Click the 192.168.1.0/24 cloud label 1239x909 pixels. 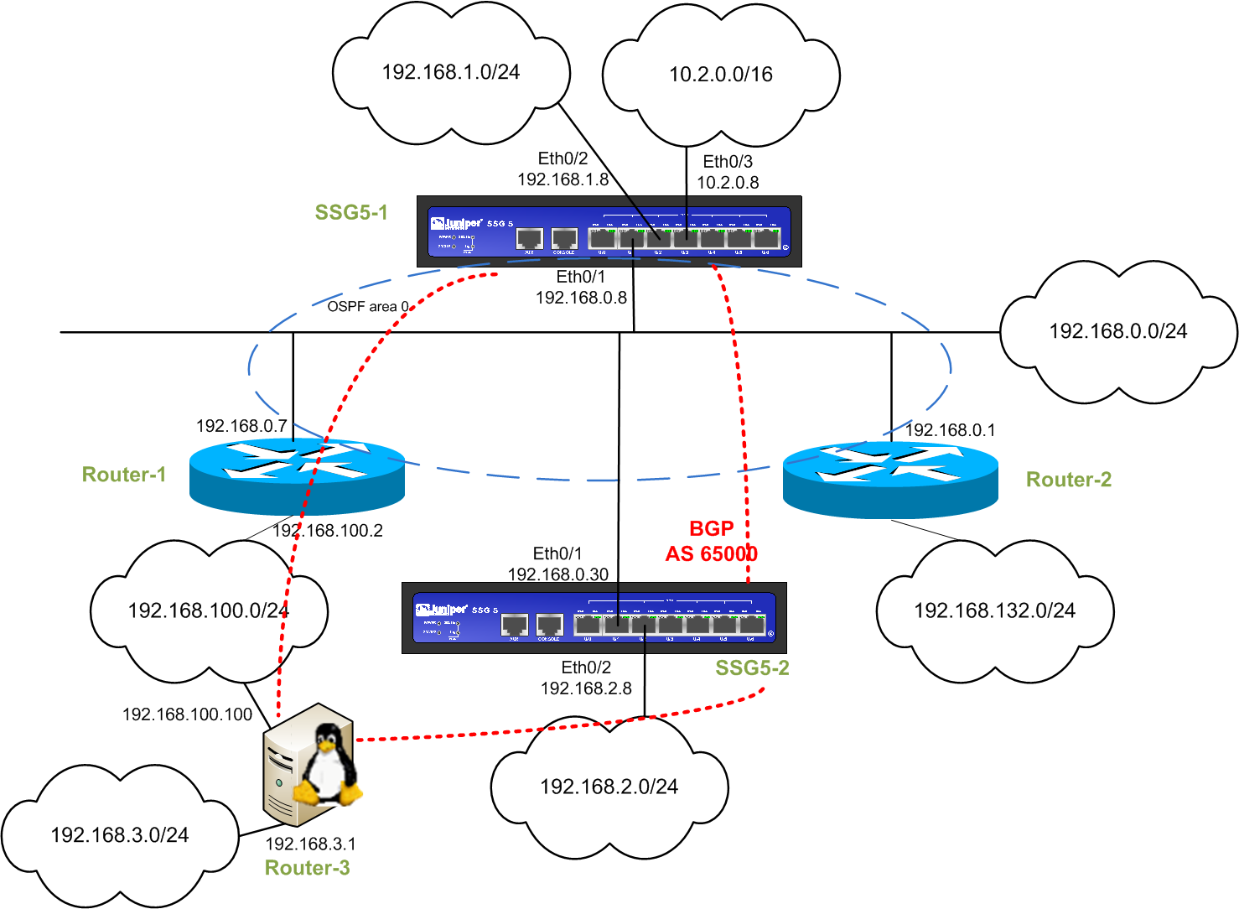click(x=450, y=72)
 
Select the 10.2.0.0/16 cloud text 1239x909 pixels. click(x=720, y=75)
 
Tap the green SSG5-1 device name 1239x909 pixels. click(x=351, y=213)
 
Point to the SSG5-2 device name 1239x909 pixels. click(x=752, y=668)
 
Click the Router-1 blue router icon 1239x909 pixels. click(x=297, y=475)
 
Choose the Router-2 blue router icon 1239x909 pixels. click(x=890, y=478)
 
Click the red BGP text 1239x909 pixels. click(x=711, y=529)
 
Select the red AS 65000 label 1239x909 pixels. click(x=711, y=554)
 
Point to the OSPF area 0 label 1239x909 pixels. click(x=368, y=307)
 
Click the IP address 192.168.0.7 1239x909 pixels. click(x=241, y=426)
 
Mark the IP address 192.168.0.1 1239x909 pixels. click(x=950, y=430)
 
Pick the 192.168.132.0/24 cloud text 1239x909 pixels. click(x=994, y=610)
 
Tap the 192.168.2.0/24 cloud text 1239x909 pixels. click(x=609, y=787)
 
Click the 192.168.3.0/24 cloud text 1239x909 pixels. click(x=120, y=835)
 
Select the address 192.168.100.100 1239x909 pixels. click(x=187, y=714)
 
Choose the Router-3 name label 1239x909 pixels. click(x=307, y=868)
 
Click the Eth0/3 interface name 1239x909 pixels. click(x=728, y=162)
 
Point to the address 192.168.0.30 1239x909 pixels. click(x=557, y=574)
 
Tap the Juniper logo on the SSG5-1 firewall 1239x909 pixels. click(x=457, y=223)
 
